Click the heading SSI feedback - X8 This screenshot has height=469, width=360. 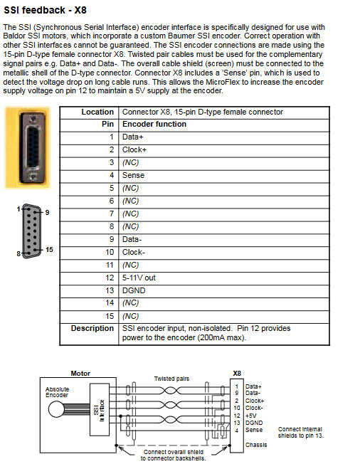click(45, 10)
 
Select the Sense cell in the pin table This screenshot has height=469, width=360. click(133, 175)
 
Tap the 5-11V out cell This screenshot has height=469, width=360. click(139, 278)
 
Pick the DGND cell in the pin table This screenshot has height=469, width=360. click(134, 291)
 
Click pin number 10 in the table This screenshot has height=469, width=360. click(110, 252)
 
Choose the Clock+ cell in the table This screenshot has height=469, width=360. click(134, 149)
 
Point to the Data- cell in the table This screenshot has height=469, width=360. click(132, 239)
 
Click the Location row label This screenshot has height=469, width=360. click(97, 112)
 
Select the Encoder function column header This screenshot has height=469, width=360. click(154, 124)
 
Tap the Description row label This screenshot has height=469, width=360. click(92, 328)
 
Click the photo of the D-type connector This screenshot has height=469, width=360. click(28, 147)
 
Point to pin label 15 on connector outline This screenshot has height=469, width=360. click(49, 250)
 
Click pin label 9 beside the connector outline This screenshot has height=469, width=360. click(47, 212)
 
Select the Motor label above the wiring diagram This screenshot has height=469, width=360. click(80, 374)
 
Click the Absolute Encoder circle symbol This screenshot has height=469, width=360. click(56, 409)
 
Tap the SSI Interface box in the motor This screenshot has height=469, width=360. click(100, 410)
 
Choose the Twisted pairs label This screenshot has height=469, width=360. click(171, 379)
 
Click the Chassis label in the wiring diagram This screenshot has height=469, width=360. click(256, 445)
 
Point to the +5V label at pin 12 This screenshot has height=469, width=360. click(251, 416)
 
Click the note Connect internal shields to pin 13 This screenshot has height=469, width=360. click(300, 433)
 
